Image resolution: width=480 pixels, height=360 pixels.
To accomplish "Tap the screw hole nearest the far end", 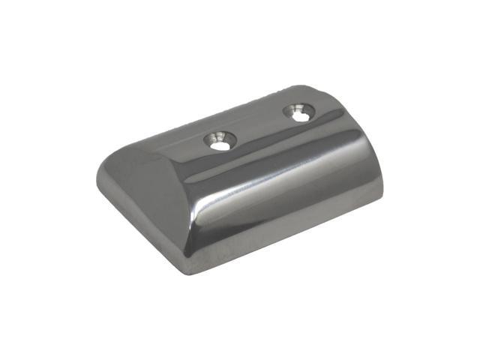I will click(x=299, y=114).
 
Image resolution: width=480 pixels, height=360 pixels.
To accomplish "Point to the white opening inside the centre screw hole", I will click(x=220, y=145).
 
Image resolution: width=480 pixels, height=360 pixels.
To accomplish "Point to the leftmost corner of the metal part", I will click(x=98, y=185).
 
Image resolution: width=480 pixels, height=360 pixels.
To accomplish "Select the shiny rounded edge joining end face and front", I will click(x=187, y=210).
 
